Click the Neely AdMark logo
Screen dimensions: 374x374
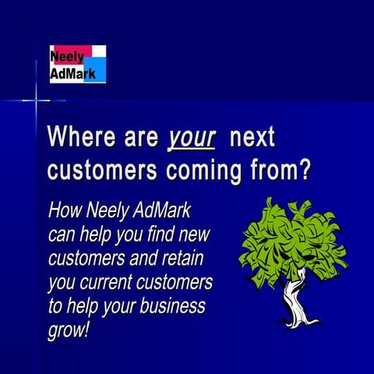point(77,64)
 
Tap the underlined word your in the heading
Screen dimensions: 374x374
point(192,138)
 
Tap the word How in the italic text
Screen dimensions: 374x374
point(65,210)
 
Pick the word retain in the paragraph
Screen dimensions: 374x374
point(191,256)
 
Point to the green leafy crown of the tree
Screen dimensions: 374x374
point(291,238)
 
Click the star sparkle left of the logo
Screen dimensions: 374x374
point(36,101)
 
